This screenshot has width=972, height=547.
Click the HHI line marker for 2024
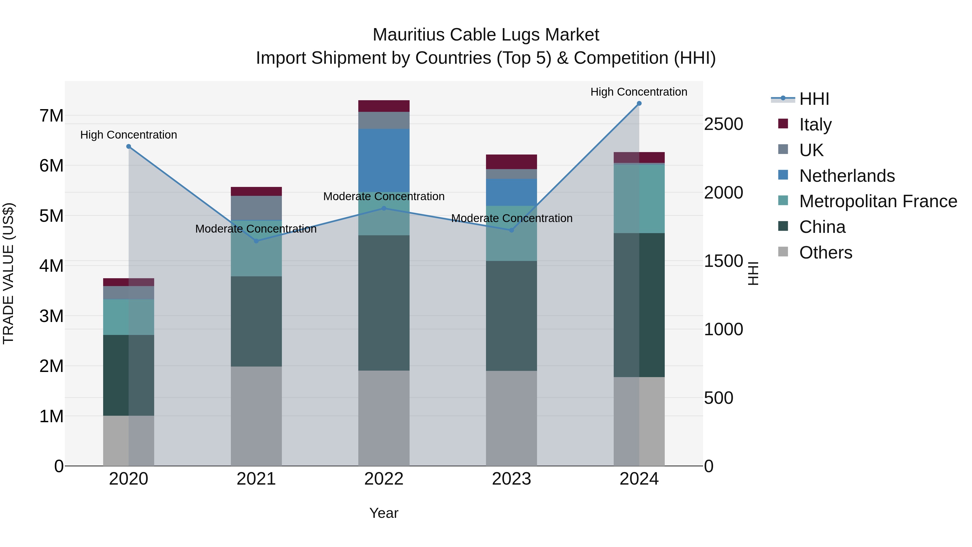coord(639,103)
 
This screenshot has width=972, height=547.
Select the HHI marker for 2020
coord(129,146)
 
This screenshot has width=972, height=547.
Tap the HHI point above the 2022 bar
coord(384,208)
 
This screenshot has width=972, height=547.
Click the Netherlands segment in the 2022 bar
coord(384,160)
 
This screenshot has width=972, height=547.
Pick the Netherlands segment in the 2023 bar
coord(511,192)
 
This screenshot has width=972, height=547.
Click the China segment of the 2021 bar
coord(256,321)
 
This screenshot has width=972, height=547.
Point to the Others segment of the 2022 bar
coord(384,418)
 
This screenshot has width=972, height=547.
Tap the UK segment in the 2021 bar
coord(256,208)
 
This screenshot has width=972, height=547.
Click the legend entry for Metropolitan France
coord(878,201)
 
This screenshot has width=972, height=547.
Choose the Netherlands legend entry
coord(847,176)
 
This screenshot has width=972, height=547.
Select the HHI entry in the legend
coord(814,99)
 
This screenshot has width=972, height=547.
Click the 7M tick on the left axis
coord(51,116)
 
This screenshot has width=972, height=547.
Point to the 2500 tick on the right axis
coord(723,124)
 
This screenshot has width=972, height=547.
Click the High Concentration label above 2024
coord(639,92)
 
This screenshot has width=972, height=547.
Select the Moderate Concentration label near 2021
coord(256,229)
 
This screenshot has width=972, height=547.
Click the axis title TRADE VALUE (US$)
coord(8,273)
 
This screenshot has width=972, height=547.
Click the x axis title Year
coord(384,513)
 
